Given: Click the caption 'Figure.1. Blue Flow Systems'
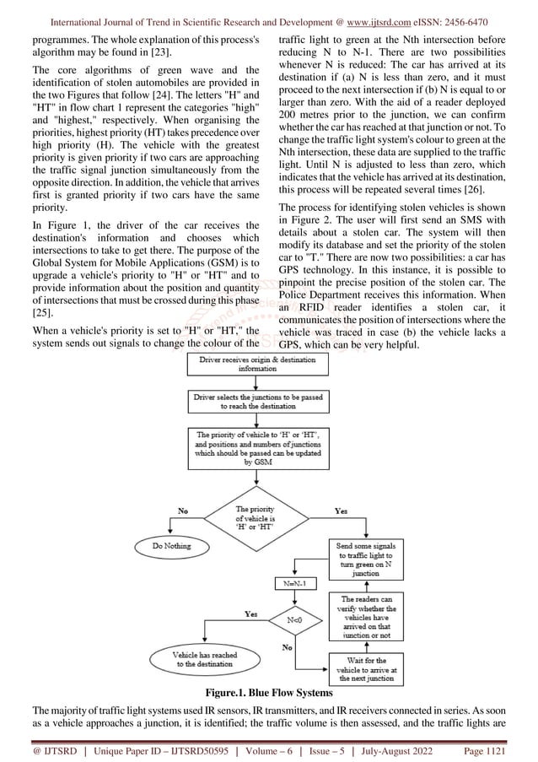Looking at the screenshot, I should click(269, 693).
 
